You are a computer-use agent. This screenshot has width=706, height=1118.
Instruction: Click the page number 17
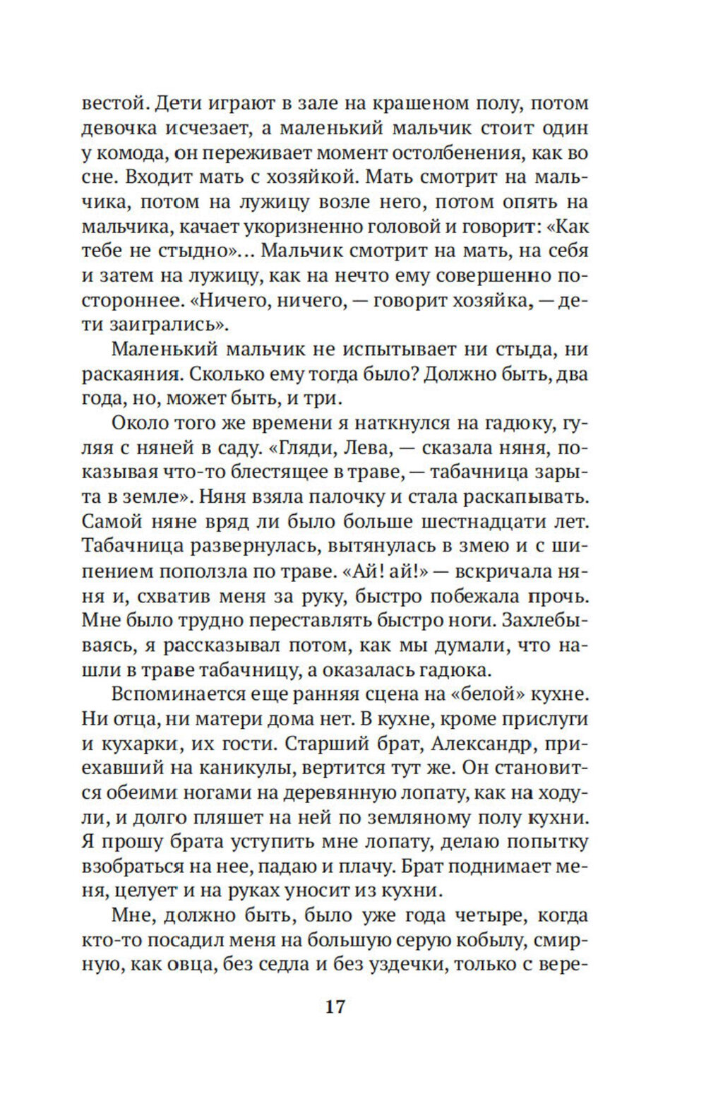(335, 1006)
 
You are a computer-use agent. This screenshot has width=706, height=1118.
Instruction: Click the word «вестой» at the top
(114, 103)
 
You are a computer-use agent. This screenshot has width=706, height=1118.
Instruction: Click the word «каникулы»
(290, 768)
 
